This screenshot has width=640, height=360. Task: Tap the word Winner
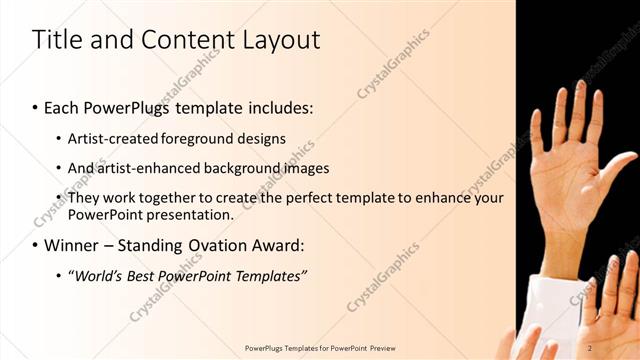click(73, 245)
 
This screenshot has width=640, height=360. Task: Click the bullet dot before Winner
click(36, 245)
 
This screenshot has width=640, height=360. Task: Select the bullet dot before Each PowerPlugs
click(36, 107)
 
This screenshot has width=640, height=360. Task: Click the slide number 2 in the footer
click(590, 348)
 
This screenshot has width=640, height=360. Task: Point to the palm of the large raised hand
click(566, 185)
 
